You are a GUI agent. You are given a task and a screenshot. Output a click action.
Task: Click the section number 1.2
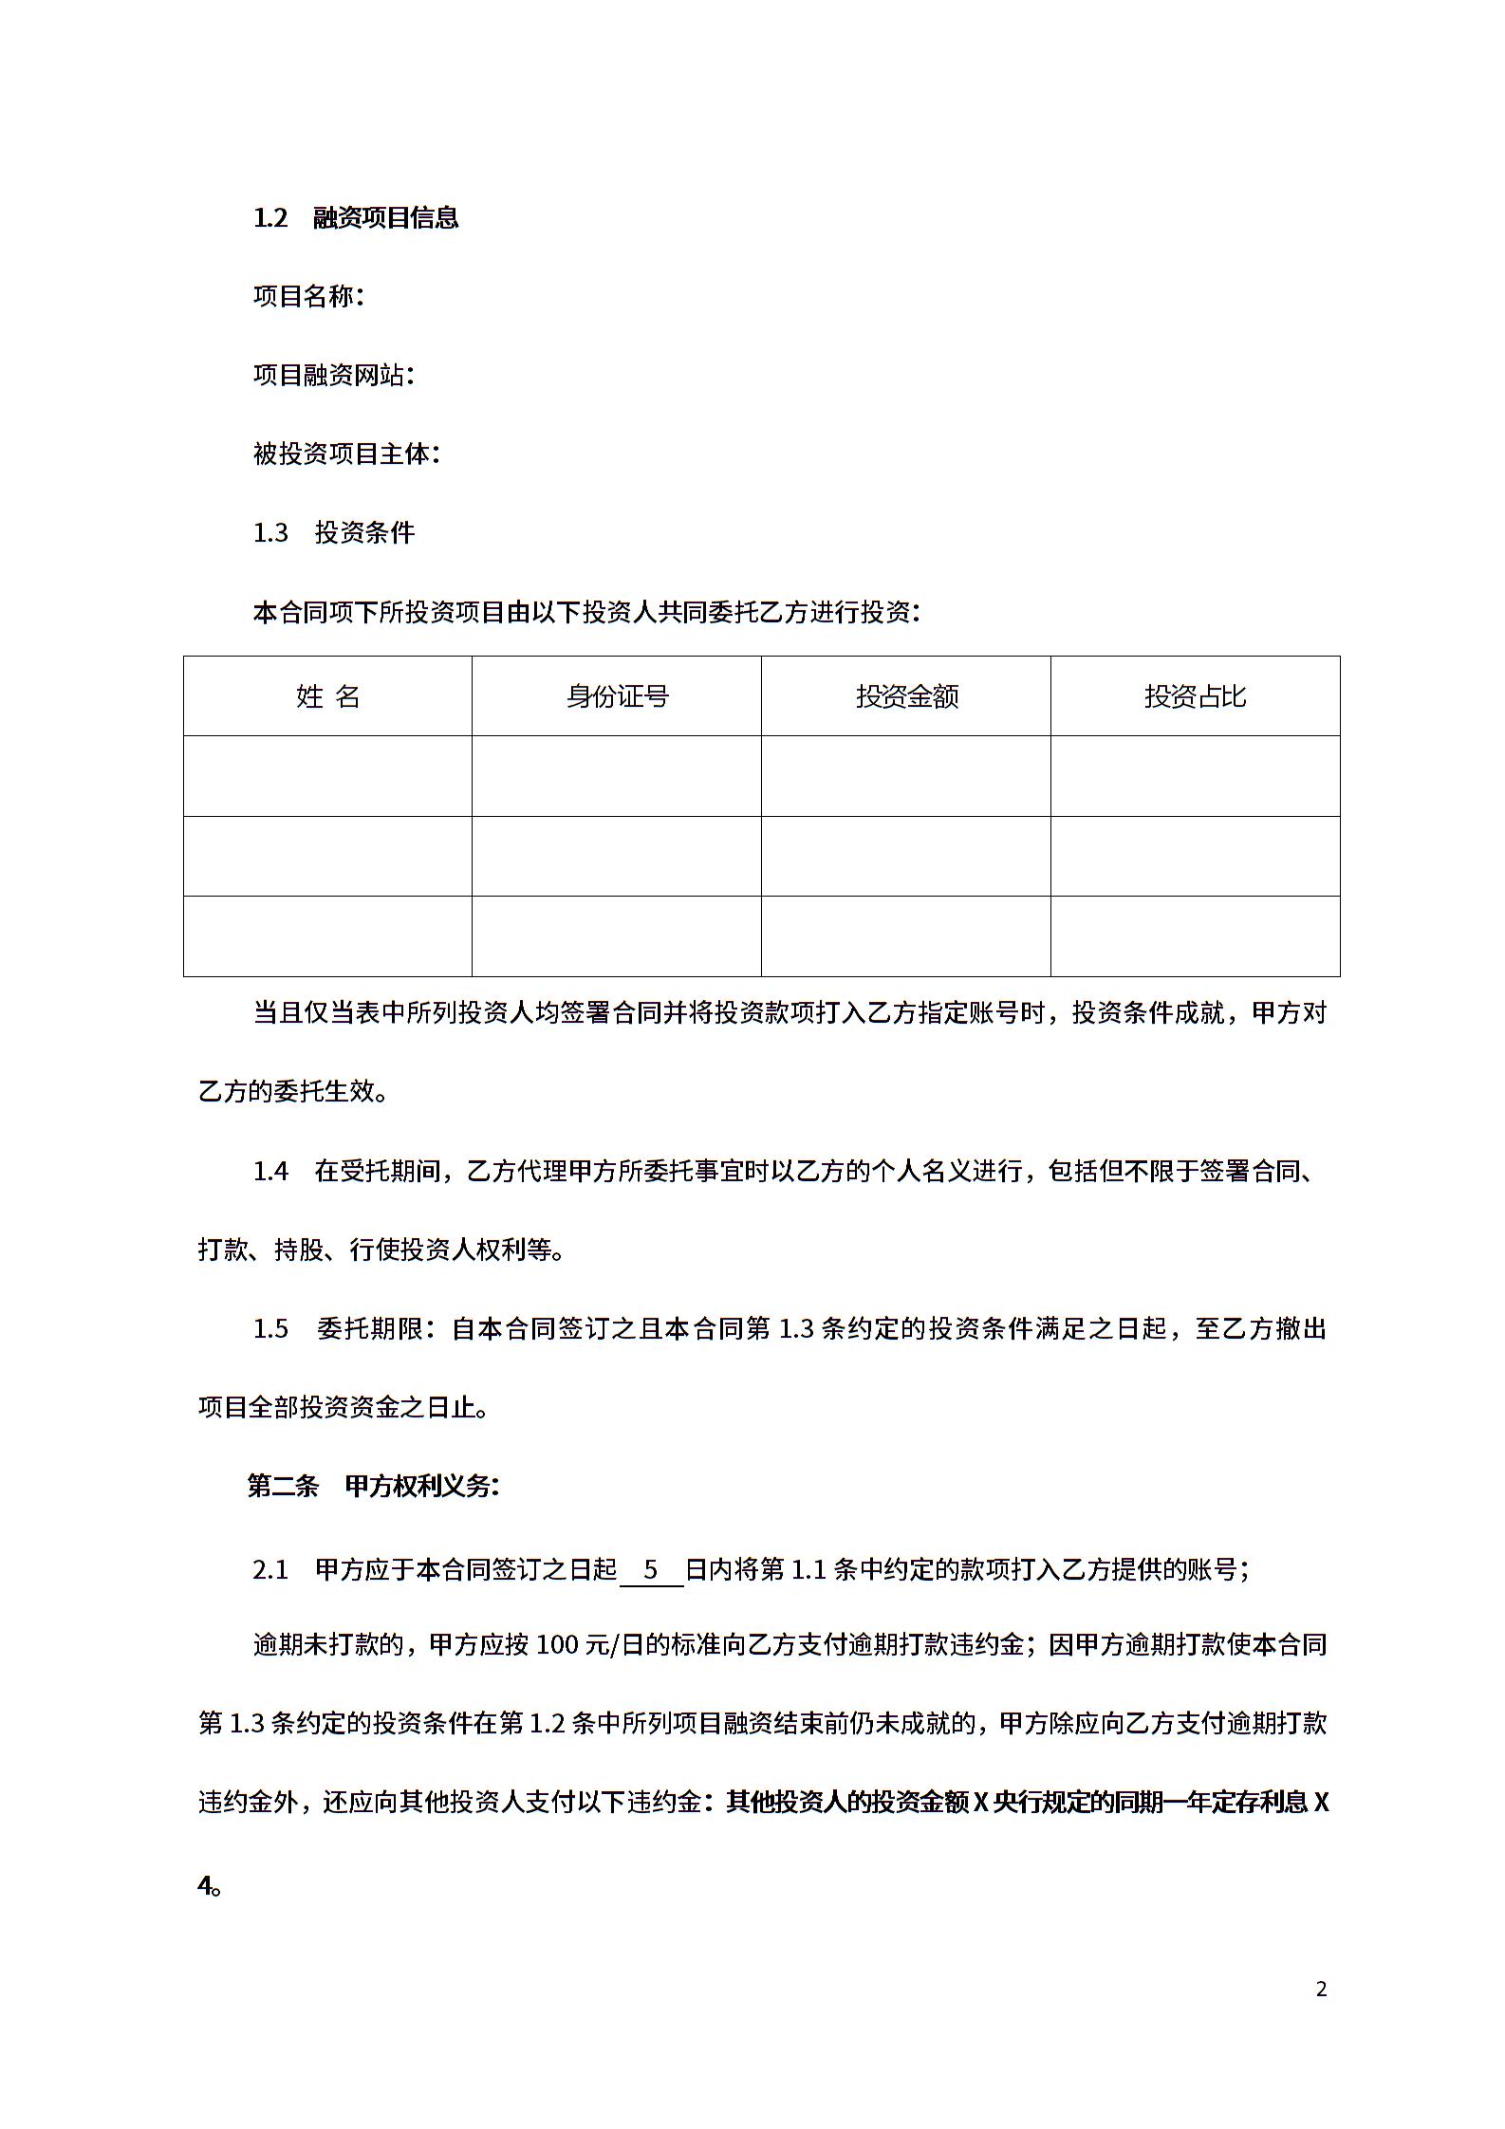(270, 218)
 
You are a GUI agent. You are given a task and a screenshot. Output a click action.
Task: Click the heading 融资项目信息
(385, 218)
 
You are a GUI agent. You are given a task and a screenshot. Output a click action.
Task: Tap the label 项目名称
(304, 297)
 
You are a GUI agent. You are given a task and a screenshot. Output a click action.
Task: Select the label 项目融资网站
(328, 376)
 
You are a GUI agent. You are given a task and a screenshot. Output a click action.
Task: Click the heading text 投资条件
(364, 533)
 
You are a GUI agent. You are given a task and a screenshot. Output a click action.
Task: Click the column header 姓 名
(327, 696)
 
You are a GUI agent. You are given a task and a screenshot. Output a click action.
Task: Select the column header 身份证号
(617, 696)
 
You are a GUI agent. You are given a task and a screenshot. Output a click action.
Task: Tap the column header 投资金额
(906, 696)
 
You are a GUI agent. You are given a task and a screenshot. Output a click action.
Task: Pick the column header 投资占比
(1195, 696)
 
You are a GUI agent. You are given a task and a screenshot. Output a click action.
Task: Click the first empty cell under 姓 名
(327, 776)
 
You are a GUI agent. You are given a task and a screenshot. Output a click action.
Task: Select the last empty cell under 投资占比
(1195, 935)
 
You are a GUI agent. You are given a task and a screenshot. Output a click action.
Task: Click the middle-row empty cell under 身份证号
(617, 856)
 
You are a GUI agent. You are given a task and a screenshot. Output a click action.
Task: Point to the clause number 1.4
(270, 1171)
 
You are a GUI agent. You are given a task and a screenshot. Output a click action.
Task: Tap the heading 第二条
(283, 1487)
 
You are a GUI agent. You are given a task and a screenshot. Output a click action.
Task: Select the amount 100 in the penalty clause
(558, 1644)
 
